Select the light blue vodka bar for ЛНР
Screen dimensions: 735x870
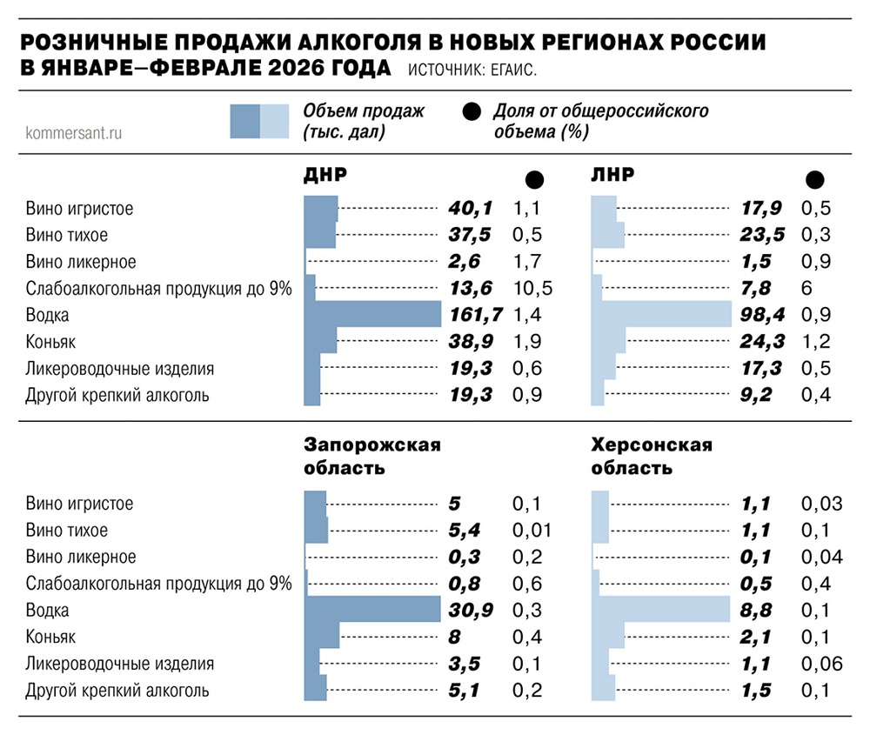(x=661, y=315)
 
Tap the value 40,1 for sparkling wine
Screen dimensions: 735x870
(x=471, y=209)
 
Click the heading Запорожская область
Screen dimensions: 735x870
(x=371, y=457)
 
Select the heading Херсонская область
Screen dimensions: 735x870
(x=652, y=457)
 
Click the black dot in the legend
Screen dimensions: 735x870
(x=472, y=112)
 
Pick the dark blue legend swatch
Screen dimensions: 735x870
(x=244, y=122)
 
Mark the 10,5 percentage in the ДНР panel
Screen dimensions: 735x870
(x=532, y=288)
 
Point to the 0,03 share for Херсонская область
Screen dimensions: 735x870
(x=821, y=504)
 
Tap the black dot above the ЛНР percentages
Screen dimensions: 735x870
(x=815, y=179)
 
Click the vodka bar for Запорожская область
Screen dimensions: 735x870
(x=374, y=610)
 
